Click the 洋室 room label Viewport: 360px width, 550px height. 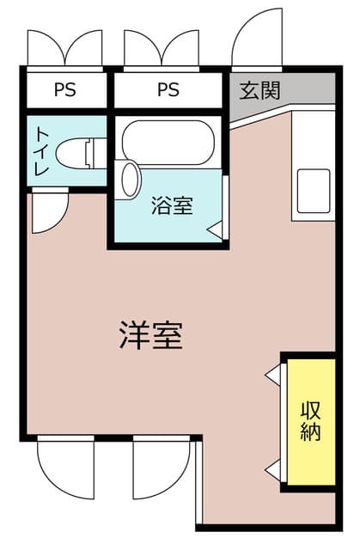[150, 335]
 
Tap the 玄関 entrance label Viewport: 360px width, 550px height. [259, 90]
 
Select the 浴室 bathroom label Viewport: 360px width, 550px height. [172, 205]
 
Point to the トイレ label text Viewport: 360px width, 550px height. [42, 152]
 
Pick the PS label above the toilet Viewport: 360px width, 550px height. [64, 89]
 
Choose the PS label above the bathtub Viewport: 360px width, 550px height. [168, 89]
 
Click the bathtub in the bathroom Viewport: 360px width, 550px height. [168, 143]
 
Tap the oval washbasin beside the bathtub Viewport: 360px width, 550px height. [130, 180]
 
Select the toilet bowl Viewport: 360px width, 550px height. [82, 153]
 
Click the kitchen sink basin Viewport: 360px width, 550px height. [314, 191]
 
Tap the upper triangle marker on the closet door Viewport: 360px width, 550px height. [272, 375]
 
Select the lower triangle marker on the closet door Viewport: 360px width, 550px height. [272, 470]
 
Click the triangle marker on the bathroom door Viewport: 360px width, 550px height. [215, 230]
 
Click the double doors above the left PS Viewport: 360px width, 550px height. [64, 48]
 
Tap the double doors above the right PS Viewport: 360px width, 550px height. [162, 48]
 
